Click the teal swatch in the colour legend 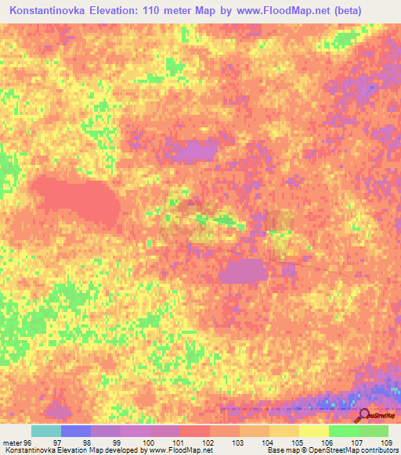pos(46,431)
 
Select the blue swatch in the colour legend pos(76,431)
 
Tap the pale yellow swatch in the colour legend pos(313,431)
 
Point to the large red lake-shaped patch pos(75,199)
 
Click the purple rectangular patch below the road pos(244,271)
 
